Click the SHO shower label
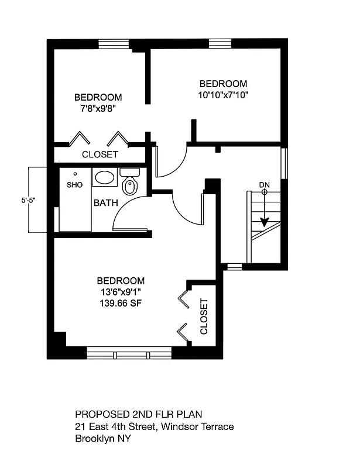[74, 185]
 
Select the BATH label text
[106, 203]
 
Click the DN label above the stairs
[265, 185]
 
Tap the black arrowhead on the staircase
[265, 222]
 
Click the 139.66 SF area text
[121, 303]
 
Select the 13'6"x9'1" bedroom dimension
[121, 292]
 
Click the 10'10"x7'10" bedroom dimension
[223, 95]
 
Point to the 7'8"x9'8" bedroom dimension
[98, 108]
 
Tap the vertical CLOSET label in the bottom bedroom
[204, 316]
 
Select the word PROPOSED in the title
[102, 414]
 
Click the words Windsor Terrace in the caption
[197, 426]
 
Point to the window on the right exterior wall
[284, 163]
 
